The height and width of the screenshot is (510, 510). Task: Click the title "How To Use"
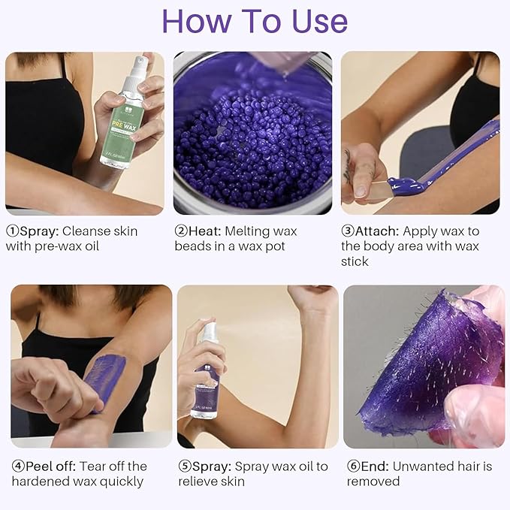(x=255, y=22)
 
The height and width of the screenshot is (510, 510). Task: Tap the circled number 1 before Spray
(x=13, y=231)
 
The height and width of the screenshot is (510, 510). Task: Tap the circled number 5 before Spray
(x=186, y=466)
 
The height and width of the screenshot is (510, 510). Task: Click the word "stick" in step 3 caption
(x=355, y=261)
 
